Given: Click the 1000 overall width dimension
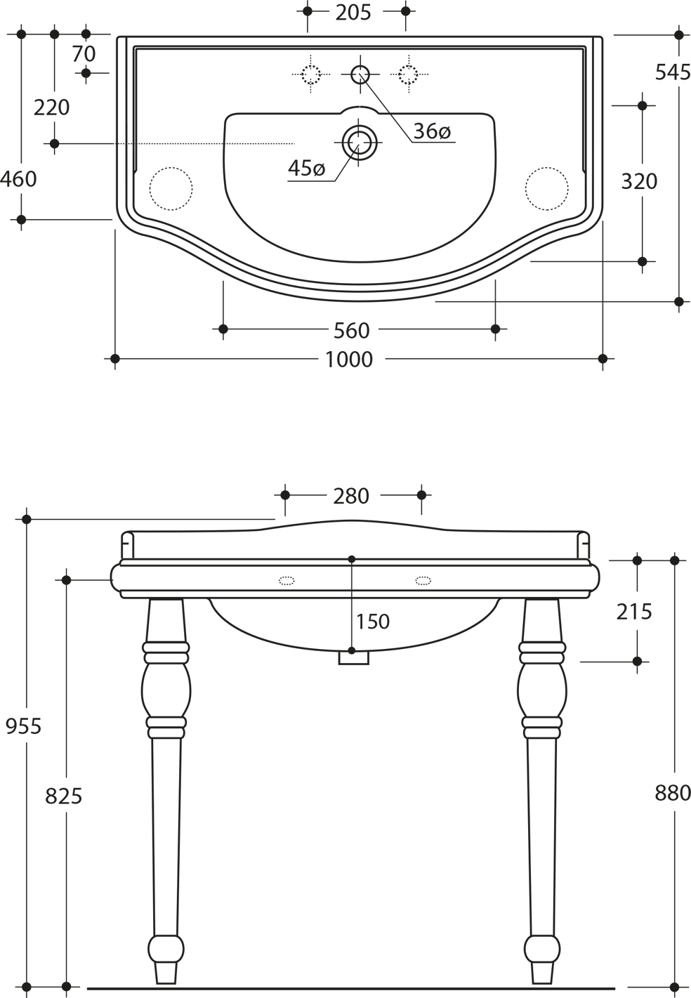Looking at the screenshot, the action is (x=349, y=360).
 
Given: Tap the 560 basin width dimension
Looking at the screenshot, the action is (x=352, y=331).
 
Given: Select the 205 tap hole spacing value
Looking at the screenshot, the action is (x=353, y=13).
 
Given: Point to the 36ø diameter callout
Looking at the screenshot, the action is (x=432, y=131).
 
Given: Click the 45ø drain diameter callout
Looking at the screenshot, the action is (x=306, y=168).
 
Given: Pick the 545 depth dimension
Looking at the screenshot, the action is (x=673, y=72).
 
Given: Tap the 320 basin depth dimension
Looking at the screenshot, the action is (x=639, y=182).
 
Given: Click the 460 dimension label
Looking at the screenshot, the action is (x=18, y=180).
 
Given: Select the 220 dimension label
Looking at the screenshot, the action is (x=52, y=108).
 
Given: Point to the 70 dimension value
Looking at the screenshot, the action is (x=84, y=54).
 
